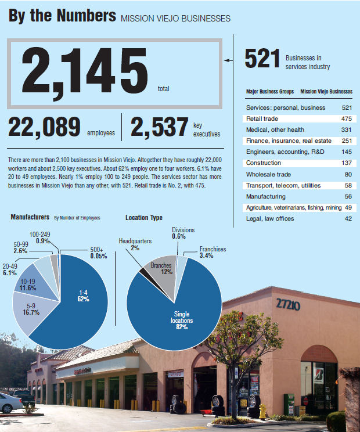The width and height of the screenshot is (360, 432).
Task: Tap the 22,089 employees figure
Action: pyautogui.click(x=45, y=127)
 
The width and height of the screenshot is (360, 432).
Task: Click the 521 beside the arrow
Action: pyautogui.click(x=261, y=59)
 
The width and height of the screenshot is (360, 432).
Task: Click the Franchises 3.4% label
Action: pyautogui.click(x=213, y=253)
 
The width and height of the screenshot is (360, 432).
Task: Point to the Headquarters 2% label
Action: pyautogui.click(x=135, y=243)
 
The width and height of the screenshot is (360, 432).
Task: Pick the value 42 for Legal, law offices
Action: pyautogui.click(x=347, y=218)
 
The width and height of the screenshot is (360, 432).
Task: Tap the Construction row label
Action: pyautogui.click(x=264, y=163)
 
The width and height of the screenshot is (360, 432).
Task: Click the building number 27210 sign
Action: pyautogui.click(x=288, y=304)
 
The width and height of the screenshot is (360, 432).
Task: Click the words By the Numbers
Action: pyautogui.click(x=62, y=16)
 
